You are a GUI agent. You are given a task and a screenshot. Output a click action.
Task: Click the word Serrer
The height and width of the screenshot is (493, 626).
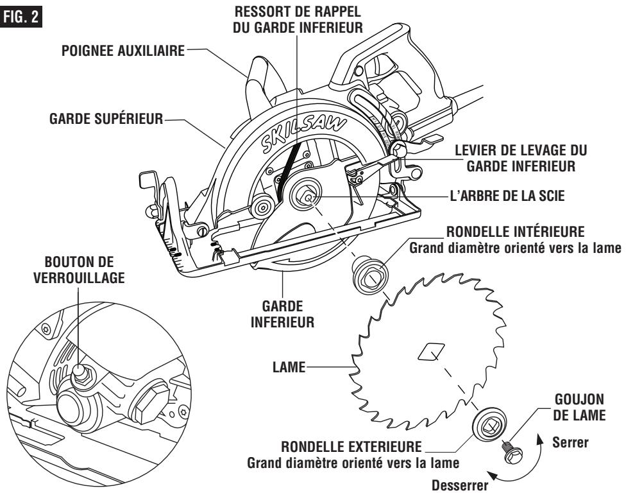pos(571,443)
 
